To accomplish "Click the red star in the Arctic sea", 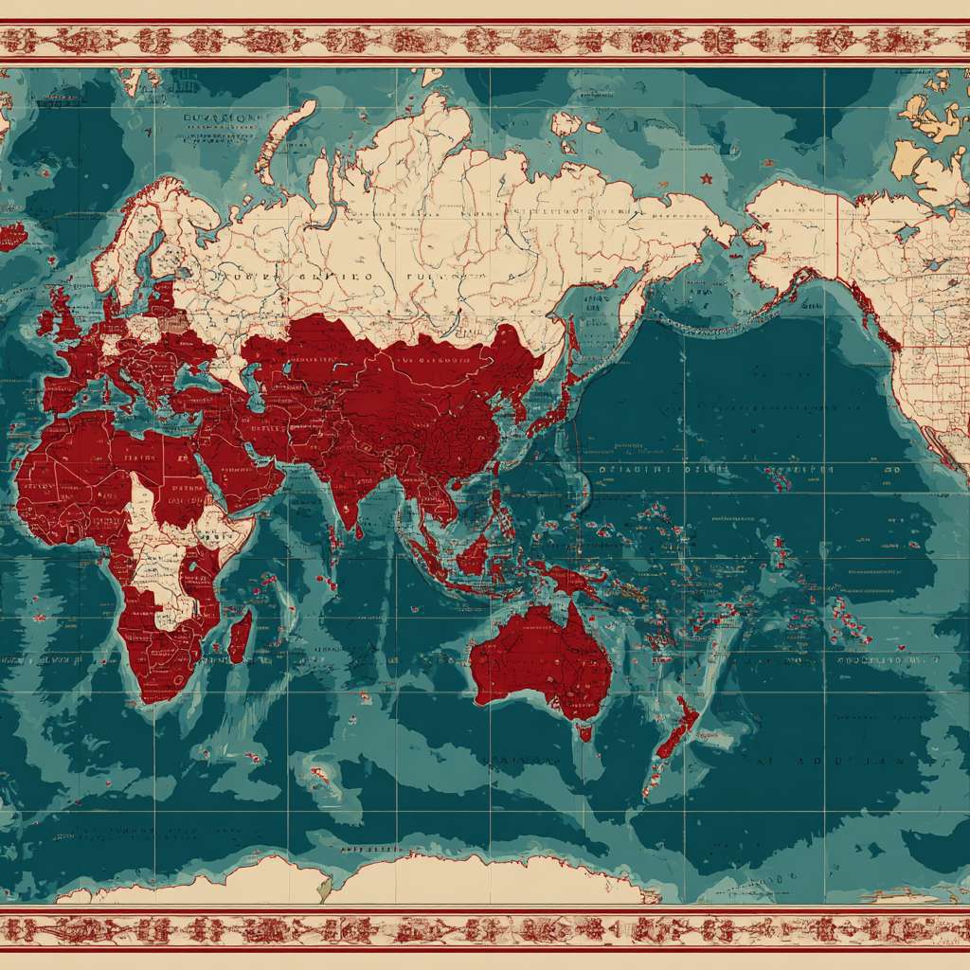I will [705, 178].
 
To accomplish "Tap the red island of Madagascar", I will [241, 636].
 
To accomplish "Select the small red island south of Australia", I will [586, 731].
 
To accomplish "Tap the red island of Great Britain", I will [71, 317].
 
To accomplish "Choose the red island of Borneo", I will [474, 554].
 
